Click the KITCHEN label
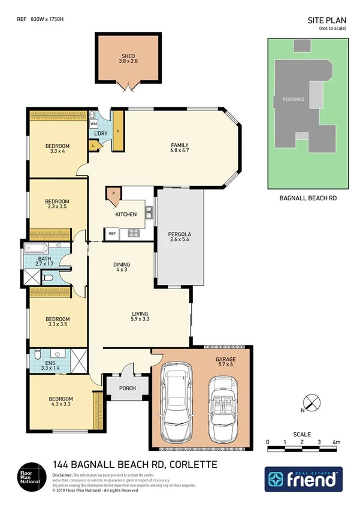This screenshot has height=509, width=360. pos(126,214)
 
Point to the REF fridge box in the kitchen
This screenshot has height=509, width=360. pos(111,233)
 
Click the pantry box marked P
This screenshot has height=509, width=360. pos(113,194)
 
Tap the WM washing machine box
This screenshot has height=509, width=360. pos(94,124)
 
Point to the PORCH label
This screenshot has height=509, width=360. pos(128,388)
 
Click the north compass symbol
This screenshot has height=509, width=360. pos(310,403)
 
